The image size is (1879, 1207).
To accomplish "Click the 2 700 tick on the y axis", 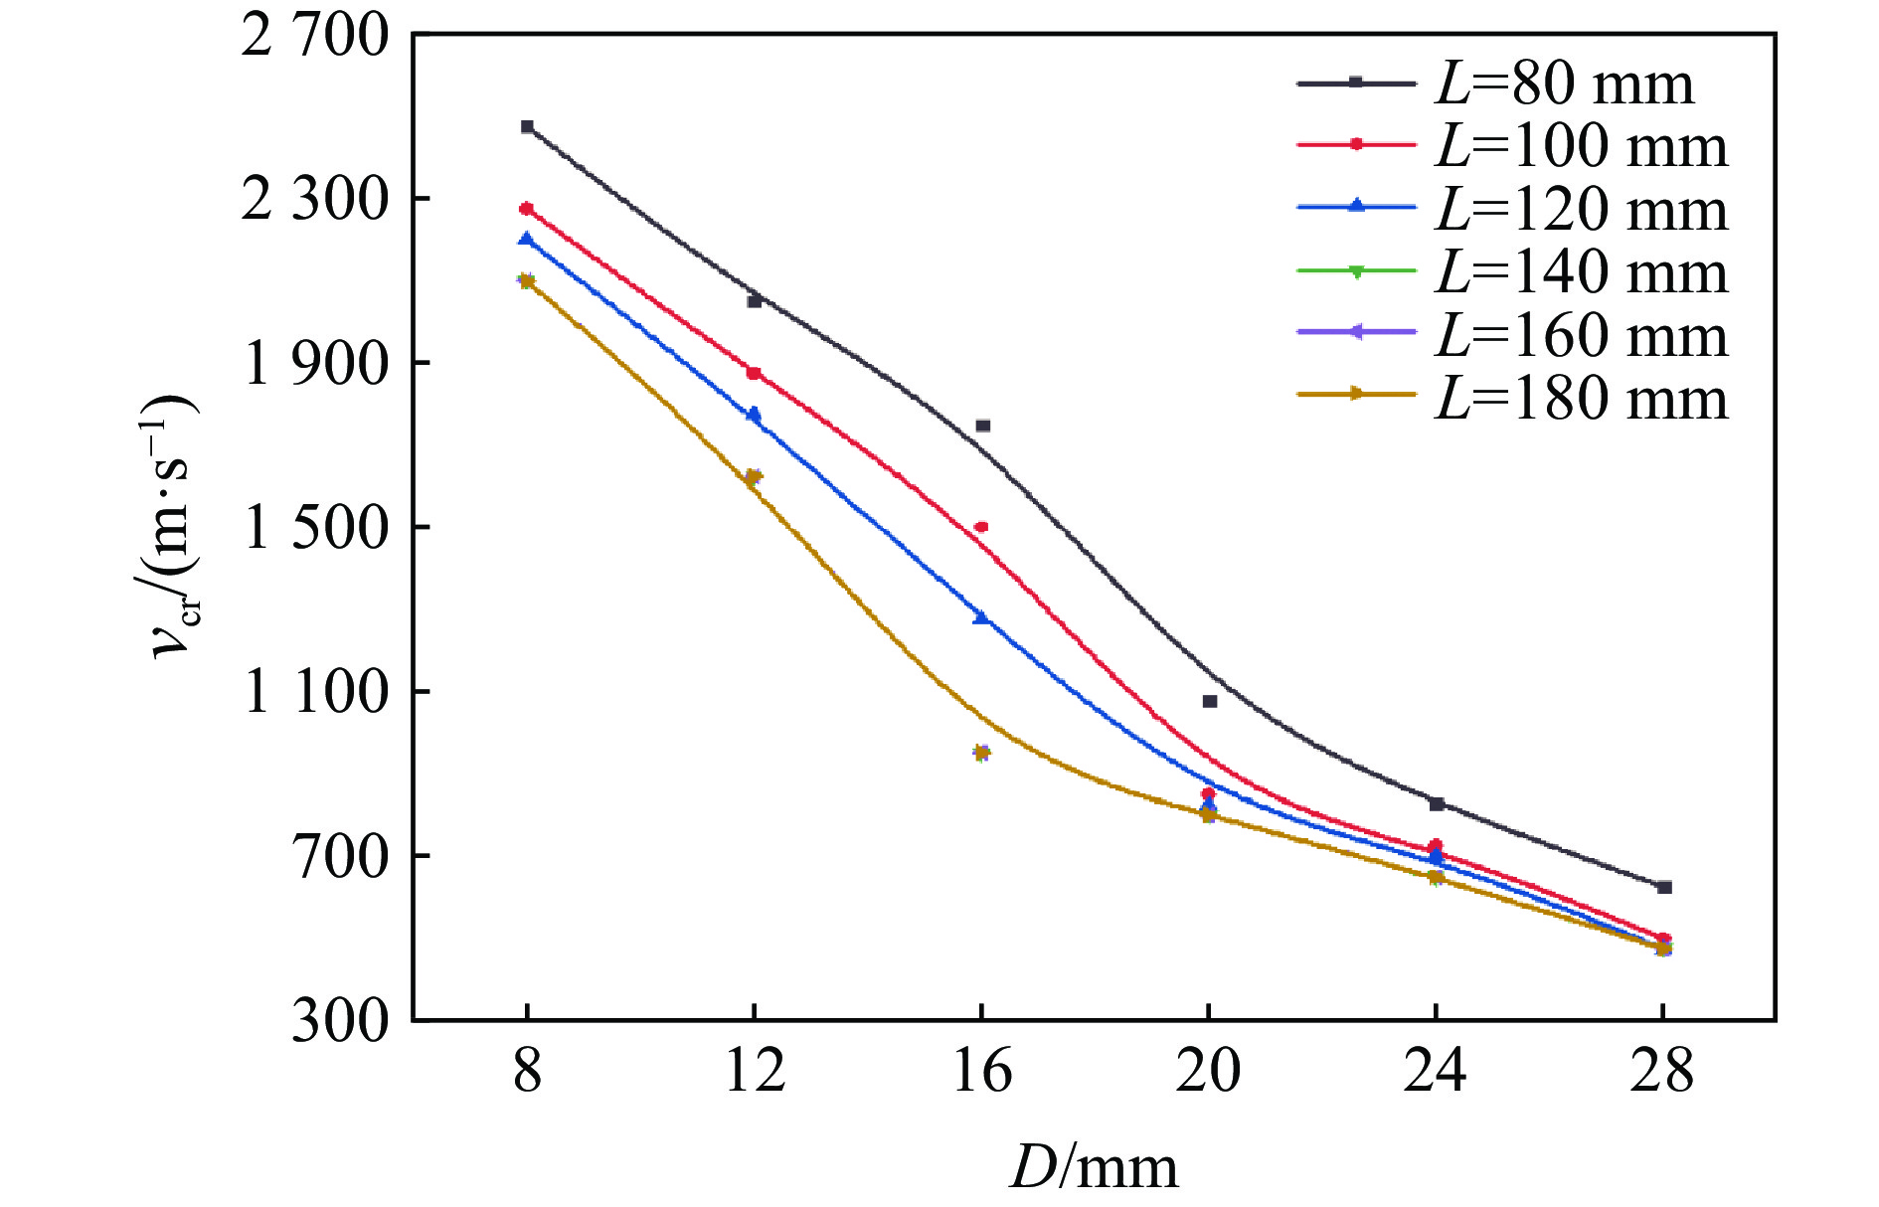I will pyautogui.click(x=314, y=36).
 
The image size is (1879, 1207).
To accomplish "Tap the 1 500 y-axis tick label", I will pyautogui.click(x=314, y=528).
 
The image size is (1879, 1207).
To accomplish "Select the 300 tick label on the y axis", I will pyautogui.click(x=339, y=1020).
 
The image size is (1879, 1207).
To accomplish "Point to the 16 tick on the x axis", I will pyautogui.click(x=981, y=1072).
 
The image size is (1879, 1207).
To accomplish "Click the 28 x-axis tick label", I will pyautogui.click(x=1662, y=1072).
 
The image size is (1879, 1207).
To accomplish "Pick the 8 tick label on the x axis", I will pyautogui.click(x=527, y=1072).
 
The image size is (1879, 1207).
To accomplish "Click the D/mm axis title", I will pyautogui.click(x=1094, y=1166).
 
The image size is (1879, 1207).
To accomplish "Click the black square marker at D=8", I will pyautogui.click(x=527, y=126).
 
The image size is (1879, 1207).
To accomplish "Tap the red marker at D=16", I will pyautogui.click(x=981, y=527).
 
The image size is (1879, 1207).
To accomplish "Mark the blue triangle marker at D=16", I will pyautogui.click(x=981, y=617).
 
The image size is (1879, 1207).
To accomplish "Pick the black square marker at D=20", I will pyautogui.click(x=1210, y=701).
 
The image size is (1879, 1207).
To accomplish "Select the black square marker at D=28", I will pyautogui.click(x=1664, y=887).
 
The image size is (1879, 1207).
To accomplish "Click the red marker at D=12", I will pyautogui.click(x=754, y=373).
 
